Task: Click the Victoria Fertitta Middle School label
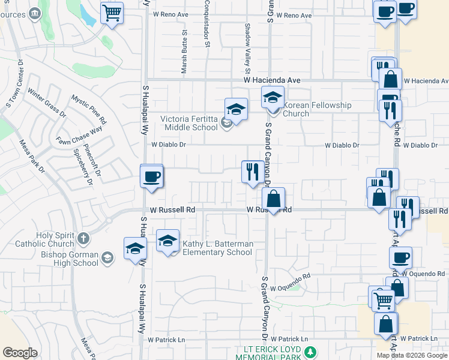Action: point(189,123)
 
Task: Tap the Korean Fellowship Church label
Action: point(316,109)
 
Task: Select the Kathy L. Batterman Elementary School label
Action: point(217,248)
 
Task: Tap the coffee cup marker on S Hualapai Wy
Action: point(151,176)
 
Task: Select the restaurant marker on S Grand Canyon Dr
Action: point(251,172)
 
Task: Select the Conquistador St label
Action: point(206,24)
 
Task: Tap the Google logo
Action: point(20,353)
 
